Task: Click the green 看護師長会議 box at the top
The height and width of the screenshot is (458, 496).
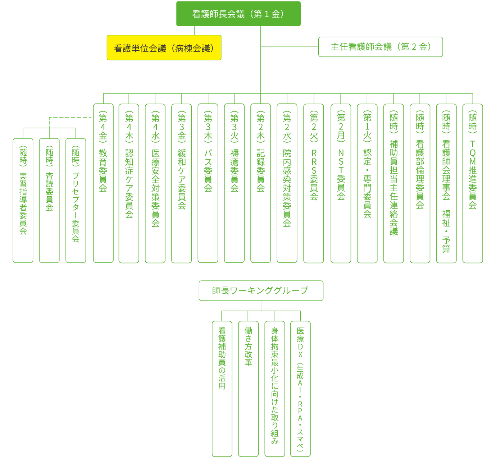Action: point(238,14)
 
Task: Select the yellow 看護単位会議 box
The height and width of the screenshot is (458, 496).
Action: point(164,48)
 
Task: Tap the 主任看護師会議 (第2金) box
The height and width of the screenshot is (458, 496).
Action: point(381,47)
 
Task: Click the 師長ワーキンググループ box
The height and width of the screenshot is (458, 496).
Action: point(261,290)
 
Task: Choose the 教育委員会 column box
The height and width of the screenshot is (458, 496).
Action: point(103,183)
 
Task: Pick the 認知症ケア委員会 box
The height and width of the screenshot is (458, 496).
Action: point(129,183)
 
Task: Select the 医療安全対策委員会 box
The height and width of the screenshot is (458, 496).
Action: point(155,183)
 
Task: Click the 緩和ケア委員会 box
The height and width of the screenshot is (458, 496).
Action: point(182,183)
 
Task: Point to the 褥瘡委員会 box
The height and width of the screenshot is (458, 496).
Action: point(234,183)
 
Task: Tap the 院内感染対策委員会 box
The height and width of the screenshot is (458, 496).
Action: point(287,183)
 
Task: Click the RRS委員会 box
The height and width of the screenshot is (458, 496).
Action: point(314,183)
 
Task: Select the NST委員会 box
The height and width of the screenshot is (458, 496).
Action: point(341,183)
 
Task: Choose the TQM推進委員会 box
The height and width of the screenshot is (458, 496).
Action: point(472,183)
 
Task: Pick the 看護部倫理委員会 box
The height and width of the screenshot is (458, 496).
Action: point(420,183)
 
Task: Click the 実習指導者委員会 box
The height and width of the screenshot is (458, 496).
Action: point(23,201)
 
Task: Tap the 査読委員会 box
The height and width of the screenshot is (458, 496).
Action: point(49,201)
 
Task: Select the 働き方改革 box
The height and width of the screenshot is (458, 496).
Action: point(248,388)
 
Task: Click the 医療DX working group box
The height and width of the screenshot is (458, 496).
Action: point(300,388)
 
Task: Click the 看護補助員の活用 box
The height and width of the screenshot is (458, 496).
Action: point(222,388)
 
